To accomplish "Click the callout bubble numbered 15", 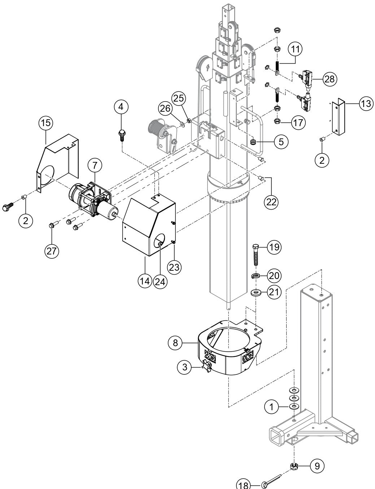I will pyautogui.click(x=45, y=123).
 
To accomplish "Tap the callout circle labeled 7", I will pyautogui.click(x=95, y=166).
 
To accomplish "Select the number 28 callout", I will pyautogui.click(x=329, y=79).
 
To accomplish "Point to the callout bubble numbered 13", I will pyautogui.click(x=365, y=103).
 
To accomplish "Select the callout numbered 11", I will pyautogui.click(x=296, y=50).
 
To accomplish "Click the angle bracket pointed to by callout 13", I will pyautogui.click(x=339, y=118).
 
